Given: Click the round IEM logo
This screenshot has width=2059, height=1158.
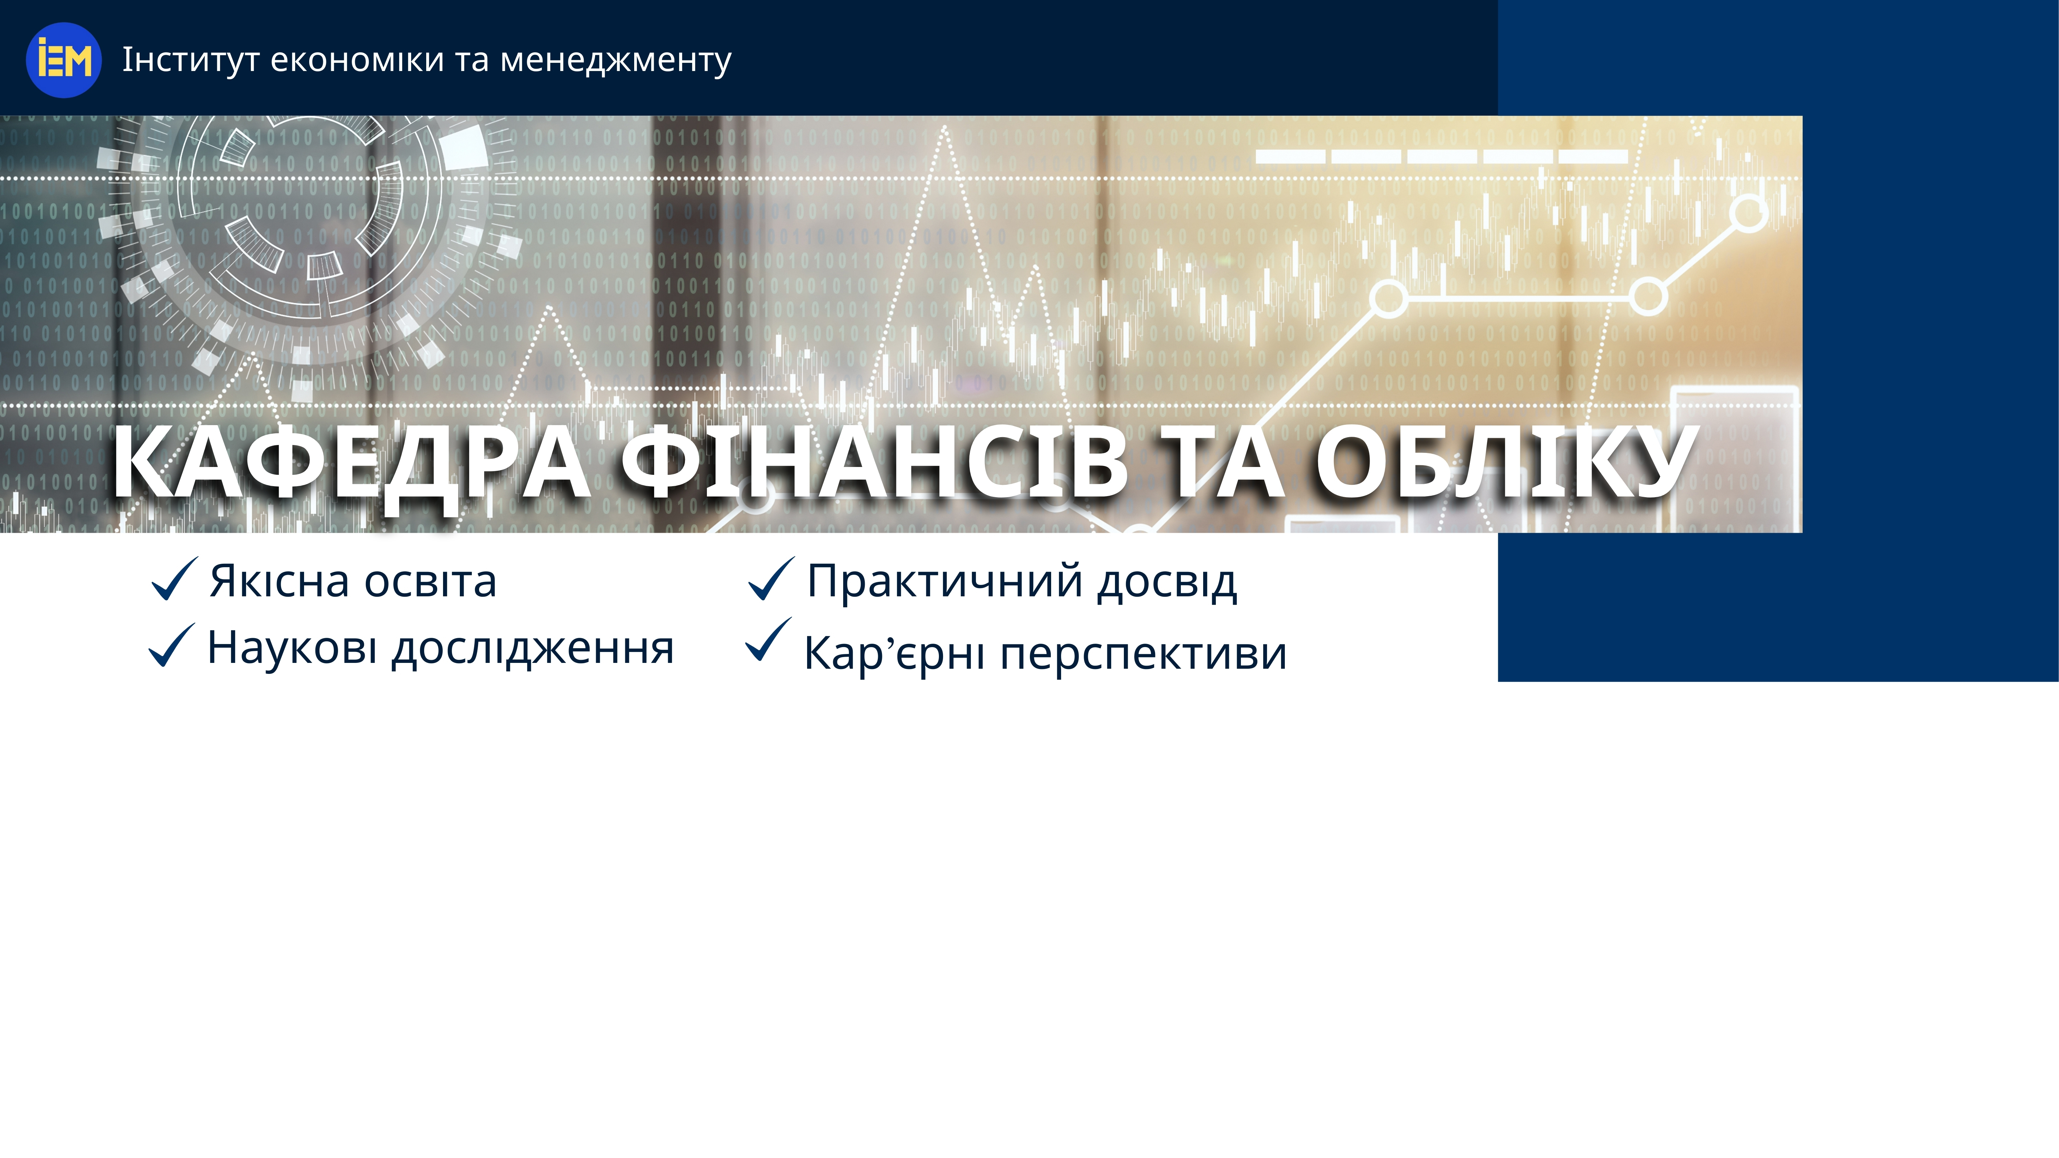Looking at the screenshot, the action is [64, 60].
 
